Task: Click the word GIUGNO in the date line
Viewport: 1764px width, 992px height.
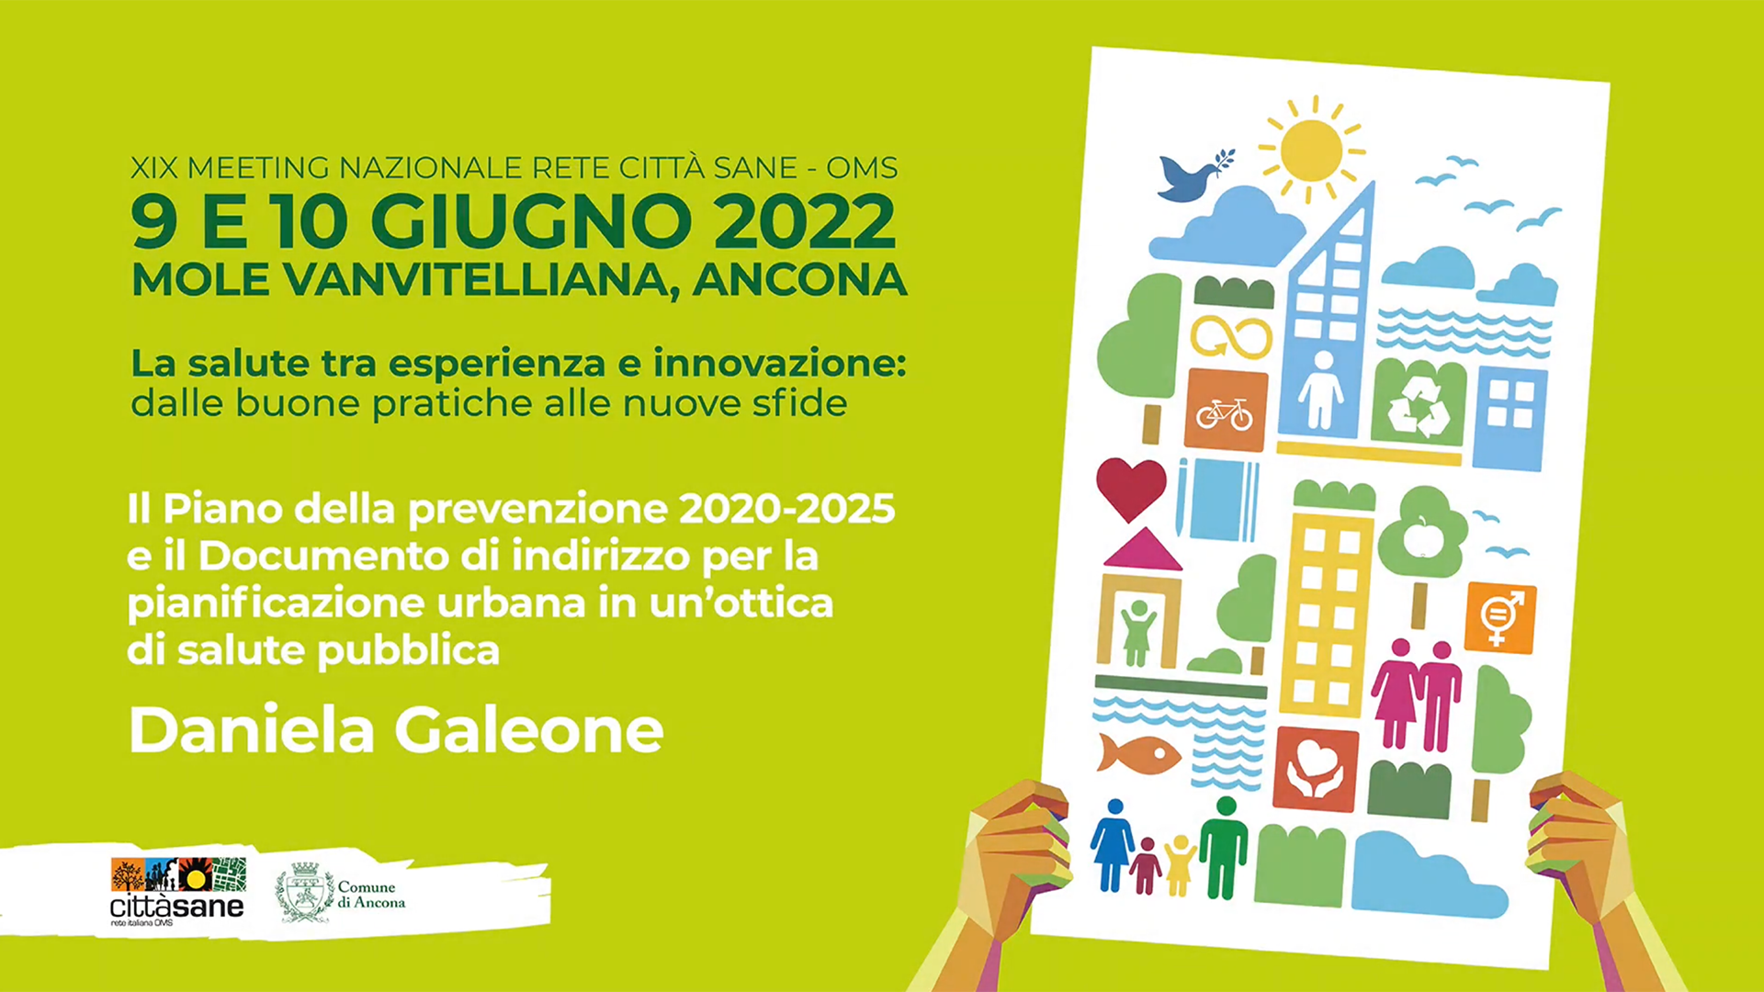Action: pos(531,221)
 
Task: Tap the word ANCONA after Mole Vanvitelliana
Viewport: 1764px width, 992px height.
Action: pos(799,280)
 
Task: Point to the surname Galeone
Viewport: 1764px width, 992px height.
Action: pos(528,731)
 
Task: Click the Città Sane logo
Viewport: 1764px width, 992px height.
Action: pos(177,891)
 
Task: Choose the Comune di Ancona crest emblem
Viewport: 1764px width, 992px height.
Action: pos(305,892)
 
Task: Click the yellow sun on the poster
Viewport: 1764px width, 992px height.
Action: pos(1312,150)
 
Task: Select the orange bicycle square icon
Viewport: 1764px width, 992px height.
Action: pos(1226,411)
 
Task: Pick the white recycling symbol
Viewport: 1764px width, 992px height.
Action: pos(1418,405)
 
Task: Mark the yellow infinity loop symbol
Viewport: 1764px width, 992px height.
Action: pos(1231,337)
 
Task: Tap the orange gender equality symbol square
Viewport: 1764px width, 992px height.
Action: pos(1499,618)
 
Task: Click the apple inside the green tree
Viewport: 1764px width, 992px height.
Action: pos(1423,536)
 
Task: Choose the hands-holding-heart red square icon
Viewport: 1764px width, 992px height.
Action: pos(1316,770)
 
